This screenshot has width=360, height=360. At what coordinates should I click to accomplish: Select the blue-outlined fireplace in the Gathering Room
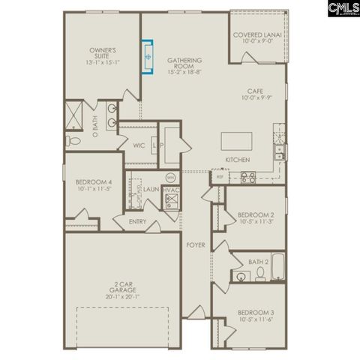147,57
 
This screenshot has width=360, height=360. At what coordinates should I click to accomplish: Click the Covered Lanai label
256,34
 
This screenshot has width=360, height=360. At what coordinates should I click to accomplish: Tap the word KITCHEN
238,160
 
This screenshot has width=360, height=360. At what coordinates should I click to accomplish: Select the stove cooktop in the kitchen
248,177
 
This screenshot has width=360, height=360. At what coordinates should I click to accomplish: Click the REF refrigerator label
220,177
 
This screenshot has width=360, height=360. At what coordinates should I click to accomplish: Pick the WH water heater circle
170,178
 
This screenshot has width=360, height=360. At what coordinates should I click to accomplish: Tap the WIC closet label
139,145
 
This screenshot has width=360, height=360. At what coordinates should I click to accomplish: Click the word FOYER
196,245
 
